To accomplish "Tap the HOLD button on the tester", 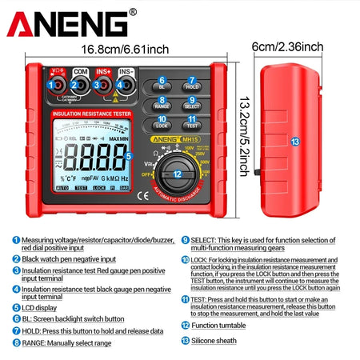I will [x=192, y=86].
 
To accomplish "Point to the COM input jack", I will [x=78, y=85].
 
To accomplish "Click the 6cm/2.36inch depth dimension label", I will [x=287, y=47].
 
